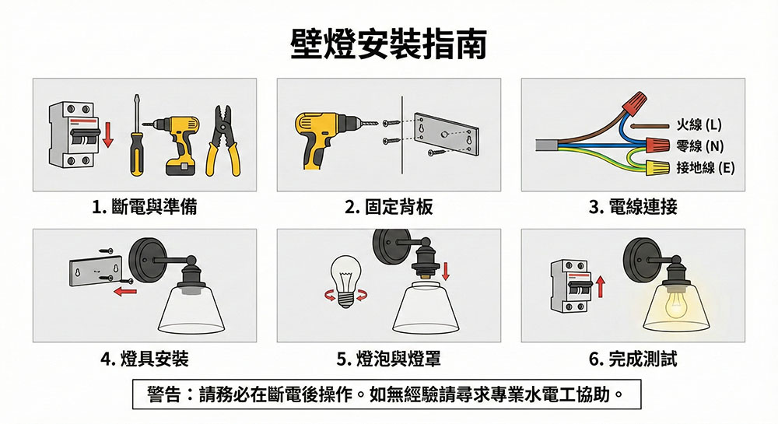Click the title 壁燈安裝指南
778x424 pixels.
click(388, 44)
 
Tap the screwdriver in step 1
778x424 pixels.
click(136, 135)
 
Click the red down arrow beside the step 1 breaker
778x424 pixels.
click(107, 134)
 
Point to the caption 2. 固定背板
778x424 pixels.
click(388, 207)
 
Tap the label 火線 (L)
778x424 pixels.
click(699, 124)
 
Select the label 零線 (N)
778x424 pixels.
click(699, 145)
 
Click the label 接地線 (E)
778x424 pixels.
click(705, 167)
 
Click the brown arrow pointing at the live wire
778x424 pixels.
click(650, 126)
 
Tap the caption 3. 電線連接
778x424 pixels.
click(633, 207)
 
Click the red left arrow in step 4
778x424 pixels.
click(125, 291)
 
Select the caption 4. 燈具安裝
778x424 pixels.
click(145, 359)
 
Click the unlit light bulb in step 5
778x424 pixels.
click(345, 281)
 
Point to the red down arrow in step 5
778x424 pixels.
click(445, 271)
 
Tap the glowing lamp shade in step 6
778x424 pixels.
click(676, 306)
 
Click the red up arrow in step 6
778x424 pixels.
click(601, 287)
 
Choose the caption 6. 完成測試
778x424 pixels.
click(633, 359)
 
